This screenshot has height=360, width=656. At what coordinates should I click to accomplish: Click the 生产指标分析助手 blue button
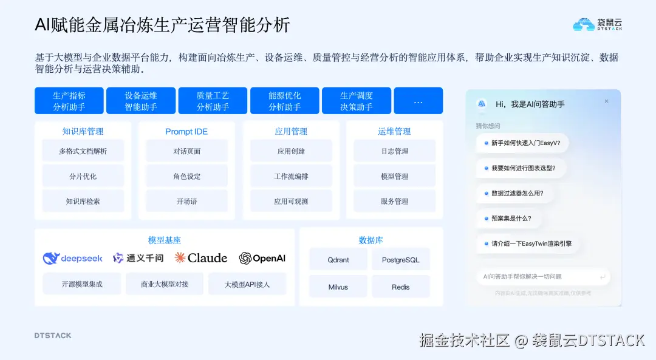pyautogui.click(x=69, y=101)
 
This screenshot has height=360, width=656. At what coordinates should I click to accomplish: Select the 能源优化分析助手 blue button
pyautogui.click(x=284, y=101)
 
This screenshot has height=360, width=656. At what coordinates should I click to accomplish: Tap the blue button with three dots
pyautogui.click(x=418, y=101)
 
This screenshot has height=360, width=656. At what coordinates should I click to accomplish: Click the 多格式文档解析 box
pyautogui.click(x=83, y=151)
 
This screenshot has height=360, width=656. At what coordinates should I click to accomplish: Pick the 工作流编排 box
pyautogui.click(x=290, y=176)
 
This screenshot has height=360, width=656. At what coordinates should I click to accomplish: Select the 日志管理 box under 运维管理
pyautogui.click(x=394, y=151)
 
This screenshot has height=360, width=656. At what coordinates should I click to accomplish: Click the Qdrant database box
pyautogui.click(x=338, y=260)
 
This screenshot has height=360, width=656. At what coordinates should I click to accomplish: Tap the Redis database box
pyautogui.click(x=400, y=287)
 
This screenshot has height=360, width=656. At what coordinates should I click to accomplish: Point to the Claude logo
pyautogui.click(x=201, y=258)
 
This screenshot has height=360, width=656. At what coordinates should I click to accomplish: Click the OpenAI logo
pyautogui.click(x=262, y=258)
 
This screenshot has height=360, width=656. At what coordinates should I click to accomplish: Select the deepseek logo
pyautogui.click(x=73, y=259)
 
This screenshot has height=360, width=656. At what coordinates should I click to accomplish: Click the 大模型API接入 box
pyautogui.click(x=247, y=284)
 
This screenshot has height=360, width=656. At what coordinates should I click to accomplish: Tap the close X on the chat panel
pyautogui.click(x=606, y=101)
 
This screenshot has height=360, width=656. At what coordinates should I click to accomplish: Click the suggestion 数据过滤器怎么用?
pyautogui.click(x=517, y=194)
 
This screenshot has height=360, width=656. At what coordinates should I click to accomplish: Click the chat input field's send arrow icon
pyautogui.click(x=602, y=277)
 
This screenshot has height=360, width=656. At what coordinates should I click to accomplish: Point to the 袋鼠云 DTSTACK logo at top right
pyautogui.click(x=598, y=24)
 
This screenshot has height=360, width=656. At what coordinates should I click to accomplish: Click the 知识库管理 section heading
pyautogui.click(x=83, y=131)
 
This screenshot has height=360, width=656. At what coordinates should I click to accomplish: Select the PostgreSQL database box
pyautogui.click(x=400, y=260)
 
